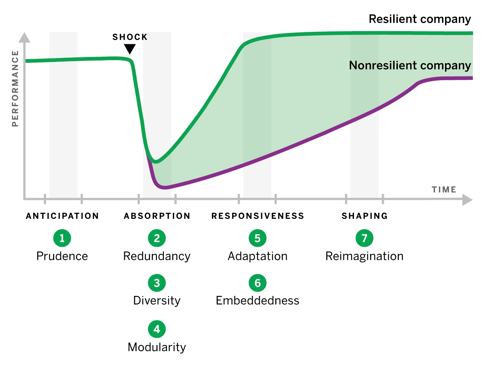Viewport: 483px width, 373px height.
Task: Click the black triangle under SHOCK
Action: pyautogui.click(x=130, y=48)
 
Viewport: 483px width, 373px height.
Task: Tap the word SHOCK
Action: pyautogui.click(x=130, y=37)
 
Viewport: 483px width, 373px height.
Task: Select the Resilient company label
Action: pyautogui.click(x=420, y=19)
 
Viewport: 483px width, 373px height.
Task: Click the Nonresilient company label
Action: pyautogui.click(x=410, y=65)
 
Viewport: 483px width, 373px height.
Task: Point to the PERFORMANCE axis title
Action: pyautogui.click(x=15, y=88)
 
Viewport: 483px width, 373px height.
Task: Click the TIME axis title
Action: pyautogui.click(x=444, y=190)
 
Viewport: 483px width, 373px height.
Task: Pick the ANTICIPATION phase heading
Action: pyautogui.click(x=62, y=216)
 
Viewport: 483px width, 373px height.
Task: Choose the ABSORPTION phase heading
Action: pyautogui.click(x=157, y=216)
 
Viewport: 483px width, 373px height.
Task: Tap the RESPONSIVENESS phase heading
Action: pyautogui.click(x=258, y=216)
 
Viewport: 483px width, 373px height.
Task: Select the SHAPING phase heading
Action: pyautogui.click(x=365, y=216)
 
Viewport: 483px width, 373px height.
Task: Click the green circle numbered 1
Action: pyautogui.click(x=62, y=238)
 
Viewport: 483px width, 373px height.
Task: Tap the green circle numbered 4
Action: pyautogui.click(x=157, y=329)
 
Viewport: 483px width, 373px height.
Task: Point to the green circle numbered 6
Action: pyautogui.click(x=257, y=283)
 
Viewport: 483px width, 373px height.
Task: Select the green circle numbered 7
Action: pyautogui.click(x=364, y=238)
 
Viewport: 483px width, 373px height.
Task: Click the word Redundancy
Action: pyautogui.click(x=157, y=257)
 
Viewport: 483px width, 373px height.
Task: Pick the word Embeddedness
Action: pyautogui.click(x=257, y=301)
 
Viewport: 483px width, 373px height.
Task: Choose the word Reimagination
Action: pyautogui.click(x=364, y=257)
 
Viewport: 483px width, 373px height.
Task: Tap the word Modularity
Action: pyautogui.click(x=157, y=347)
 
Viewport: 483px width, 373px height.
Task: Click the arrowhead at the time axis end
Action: pyautogui.click(x=467, y=199)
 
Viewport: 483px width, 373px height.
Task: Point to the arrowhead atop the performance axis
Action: pyautogui.click(x=24, y=37)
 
